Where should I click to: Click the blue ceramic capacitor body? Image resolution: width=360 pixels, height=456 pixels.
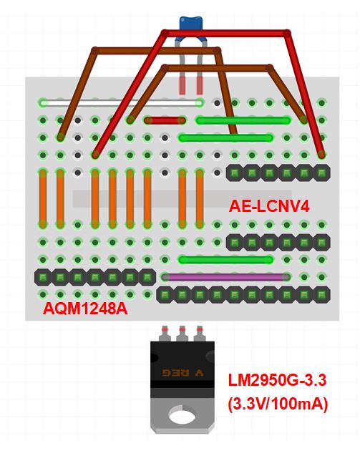[x=191, y=23]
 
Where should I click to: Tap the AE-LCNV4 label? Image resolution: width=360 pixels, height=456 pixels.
[x=269, y=206]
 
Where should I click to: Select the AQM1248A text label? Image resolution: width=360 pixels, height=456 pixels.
[x=85, y=309]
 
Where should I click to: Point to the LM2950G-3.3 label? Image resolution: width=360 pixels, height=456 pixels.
[x=277, y=380]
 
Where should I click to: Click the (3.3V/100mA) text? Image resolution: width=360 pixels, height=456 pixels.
[x=278, y=404]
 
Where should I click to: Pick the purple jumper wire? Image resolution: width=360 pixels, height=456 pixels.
[x=226, y=277]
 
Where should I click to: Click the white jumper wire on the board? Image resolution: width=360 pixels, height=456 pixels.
[x=122, y=102]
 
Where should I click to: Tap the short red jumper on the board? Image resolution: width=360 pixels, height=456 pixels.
[x=165, y=120]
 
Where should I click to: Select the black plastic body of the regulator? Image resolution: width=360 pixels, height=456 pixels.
[x=183, y=364]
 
